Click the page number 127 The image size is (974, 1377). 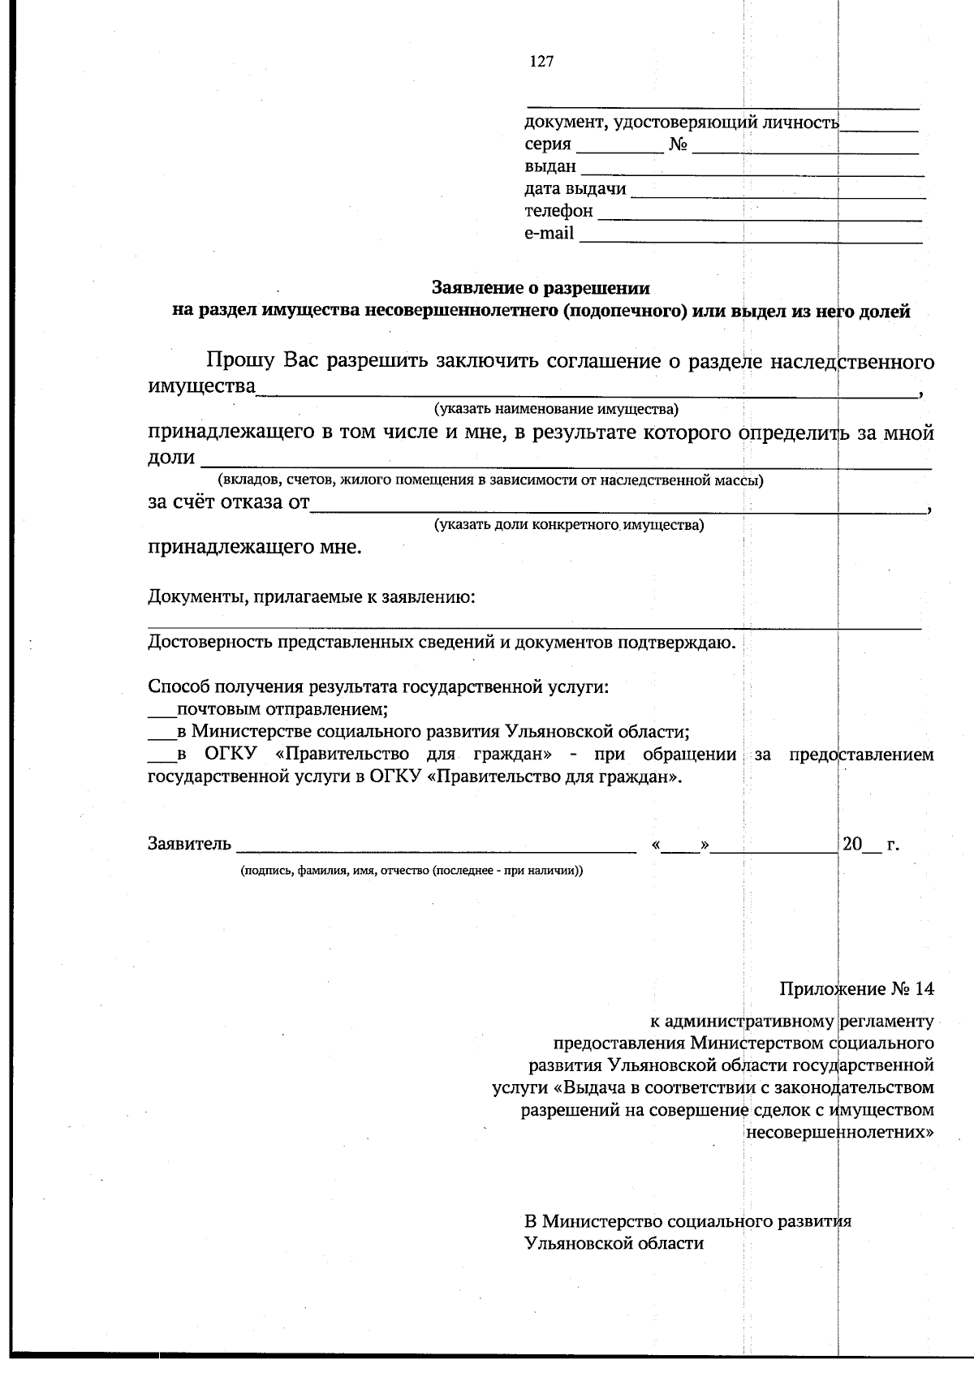click(x=541, y=62)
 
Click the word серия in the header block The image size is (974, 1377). click(x=548, y=145)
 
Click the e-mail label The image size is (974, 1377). click(x=549, y=234)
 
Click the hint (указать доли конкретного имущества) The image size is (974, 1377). click(x=569, y=524)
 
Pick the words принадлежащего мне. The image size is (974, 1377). click(x=255, y=547)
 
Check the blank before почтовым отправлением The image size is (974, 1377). click(x=161, y=711)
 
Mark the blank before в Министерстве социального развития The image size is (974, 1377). click(x=161, y=733)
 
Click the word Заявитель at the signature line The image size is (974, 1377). click(x=189, y=844)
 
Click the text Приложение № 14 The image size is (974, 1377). click(x=856, y=989)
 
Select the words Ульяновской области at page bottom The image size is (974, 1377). click(x=614, y=1242)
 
